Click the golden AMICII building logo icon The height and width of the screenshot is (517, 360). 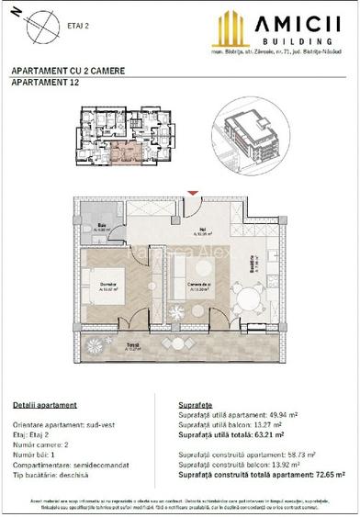231,29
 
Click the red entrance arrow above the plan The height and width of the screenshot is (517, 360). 191,194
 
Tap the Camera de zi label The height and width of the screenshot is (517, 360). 206,286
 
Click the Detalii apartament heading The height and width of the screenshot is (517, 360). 45,405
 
